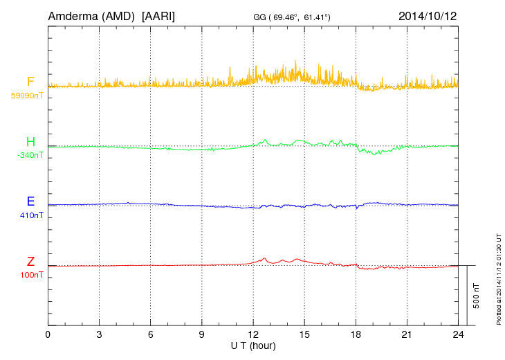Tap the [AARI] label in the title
(158, 15)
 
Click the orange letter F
(30, 82)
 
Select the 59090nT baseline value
(26, 96)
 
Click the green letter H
(30, 143)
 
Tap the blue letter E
(30, 202)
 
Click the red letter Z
(30, 262)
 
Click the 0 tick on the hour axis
(48, 334)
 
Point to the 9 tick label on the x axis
(202, 334)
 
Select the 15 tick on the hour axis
(304, 334)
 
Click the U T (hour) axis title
(253, 345)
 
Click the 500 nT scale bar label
(477, 296)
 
